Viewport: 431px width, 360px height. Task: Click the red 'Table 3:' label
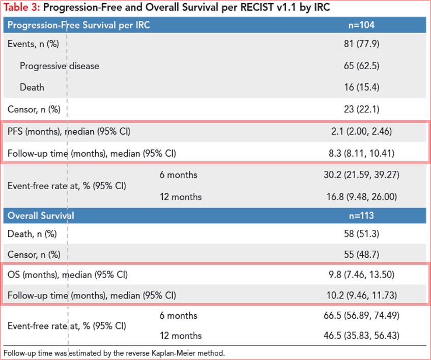click(22, 7)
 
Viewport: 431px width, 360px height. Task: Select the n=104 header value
click(361, 25)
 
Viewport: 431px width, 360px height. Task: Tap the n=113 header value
click(361, 216)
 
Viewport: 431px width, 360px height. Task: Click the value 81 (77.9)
click(361, 44)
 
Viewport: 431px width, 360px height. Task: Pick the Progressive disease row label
click(60, 66)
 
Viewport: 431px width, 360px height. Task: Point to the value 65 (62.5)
click(361, 66)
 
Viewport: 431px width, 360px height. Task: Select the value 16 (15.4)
click(361, 87)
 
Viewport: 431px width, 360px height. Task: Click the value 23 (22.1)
click(361, 109)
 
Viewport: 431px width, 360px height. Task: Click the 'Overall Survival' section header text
click(41, 216)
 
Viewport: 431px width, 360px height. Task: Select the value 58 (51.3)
click(361, 234)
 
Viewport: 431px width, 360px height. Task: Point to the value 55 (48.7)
click(361, 255)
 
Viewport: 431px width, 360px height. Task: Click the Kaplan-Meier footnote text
click(114, 353)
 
